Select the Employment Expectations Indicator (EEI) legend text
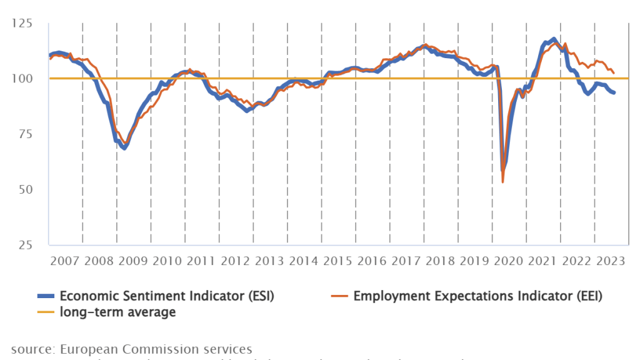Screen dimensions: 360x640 coord(477,296)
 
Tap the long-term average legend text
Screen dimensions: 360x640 coord(117,311)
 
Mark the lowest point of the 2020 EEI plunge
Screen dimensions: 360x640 coord(503,182)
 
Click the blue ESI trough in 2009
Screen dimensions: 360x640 coord(124,148)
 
